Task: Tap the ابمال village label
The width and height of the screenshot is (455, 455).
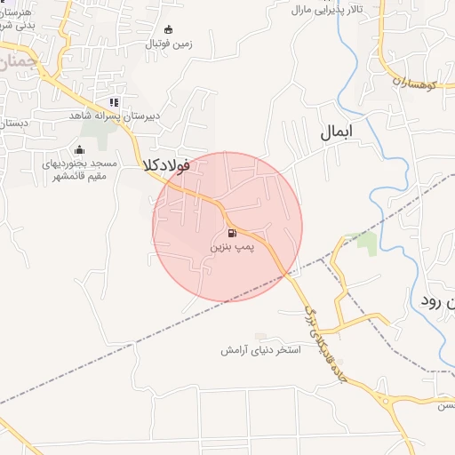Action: pos(337,133)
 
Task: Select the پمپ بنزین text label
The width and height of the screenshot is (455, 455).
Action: pos(230,250)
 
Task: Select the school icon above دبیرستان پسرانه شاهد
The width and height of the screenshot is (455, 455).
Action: pos(114,102)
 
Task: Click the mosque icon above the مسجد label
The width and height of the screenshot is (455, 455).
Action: pos(80,149)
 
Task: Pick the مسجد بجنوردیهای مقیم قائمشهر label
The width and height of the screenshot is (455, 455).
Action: pos(79,169)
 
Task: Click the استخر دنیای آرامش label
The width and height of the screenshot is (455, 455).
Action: pos(261,350)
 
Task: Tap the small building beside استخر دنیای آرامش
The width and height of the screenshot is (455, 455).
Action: pos(259,336)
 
